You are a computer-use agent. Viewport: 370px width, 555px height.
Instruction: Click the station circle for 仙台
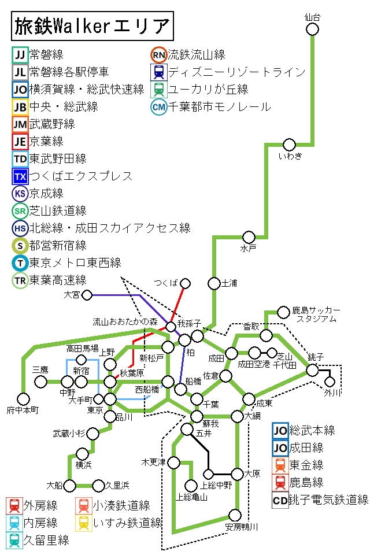pyautogui.click(x=312, y=29)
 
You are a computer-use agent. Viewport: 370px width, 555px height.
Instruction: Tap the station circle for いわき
pyautogui.click(x=289, y=145)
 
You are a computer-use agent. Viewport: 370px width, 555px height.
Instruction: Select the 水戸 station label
pyautogui.click(x=248, y=249)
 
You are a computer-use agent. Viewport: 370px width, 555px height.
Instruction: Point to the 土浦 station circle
pyautogui.click(x=214, y=283)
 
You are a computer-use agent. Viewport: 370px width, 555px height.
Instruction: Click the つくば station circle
pyautogui.click(x=185, y=283)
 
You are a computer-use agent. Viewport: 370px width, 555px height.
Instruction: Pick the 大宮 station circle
pyautogui.click(x=87, y=295)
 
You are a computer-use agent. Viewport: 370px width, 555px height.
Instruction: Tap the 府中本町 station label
pyautogui.click(x=23, y=410)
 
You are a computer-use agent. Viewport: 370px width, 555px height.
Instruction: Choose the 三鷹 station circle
pyautogui.click(x=40, y=382)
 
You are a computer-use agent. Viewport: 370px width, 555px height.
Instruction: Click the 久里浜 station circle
pyautogui.click(x=98, y=485)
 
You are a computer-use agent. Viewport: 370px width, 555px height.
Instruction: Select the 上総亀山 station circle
pyautogui.click(x=191, y=486)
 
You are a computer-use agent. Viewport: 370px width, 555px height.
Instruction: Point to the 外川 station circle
pyautogui.click(x=330, y=382)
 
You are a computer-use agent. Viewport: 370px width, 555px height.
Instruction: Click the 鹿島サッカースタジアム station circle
pyautogui.click(x=283, y=312)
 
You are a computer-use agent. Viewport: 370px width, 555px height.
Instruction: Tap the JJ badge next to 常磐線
pyautogui.click(x=20, y=55)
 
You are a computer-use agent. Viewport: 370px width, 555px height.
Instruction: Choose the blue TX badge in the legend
pyautogui.click(x=20, y=176)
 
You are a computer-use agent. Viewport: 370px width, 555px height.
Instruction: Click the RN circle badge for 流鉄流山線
pyautogui.click(x=158, y=55)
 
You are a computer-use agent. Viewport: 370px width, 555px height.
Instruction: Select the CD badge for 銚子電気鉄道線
pyautogui.click(x=280, y=500)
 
